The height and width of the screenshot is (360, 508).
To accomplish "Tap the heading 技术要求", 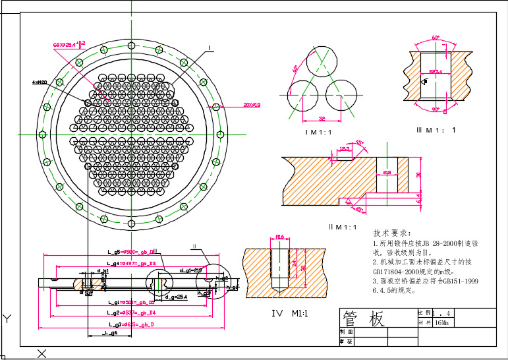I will pos(392,233).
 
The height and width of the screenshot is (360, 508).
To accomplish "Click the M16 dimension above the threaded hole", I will pos(279,237).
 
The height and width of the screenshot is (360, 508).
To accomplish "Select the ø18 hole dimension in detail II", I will pos(387,171).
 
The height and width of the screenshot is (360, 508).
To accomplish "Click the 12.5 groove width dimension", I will pos(343,149).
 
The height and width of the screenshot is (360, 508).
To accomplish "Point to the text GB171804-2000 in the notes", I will pos(401,270).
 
